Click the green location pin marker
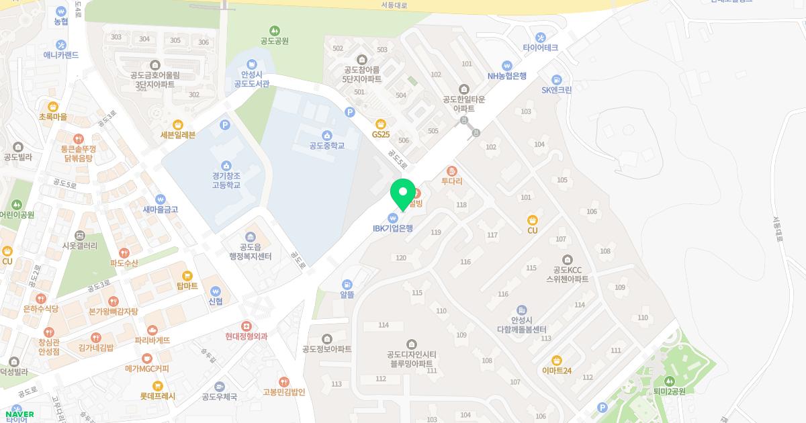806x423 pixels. click(x=403, y=193)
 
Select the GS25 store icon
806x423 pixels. click(x=381, y=124)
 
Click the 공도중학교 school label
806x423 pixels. click(x=326, y=145)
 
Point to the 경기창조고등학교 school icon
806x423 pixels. click(x=226, y=166)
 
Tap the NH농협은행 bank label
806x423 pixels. click(x=507, y=76)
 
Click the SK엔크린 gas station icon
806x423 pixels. click(x=556, y=79)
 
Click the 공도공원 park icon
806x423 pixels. click(x=274, y=30)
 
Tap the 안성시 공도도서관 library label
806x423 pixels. click(x=251, y=79)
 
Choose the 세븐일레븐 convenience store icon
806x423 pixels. click(x=178, y=124)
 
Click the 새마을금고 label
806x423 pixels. click(x=160, y=209)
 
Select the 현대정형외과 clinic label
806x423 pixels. click(x=247, y=336)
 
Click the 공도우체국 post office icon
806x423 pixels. click(x=220, y=386)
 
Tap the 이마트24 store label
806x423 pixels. click(x=556, y=371)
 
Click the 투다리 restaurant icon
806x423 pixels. click(x=451, y=171)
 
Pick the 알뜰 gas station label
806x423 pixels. click(x=347, y=295)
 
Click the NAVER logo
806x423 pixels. click(x=18, y=414)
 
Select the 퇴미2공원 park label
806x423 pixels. click(x=668, y=391)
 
